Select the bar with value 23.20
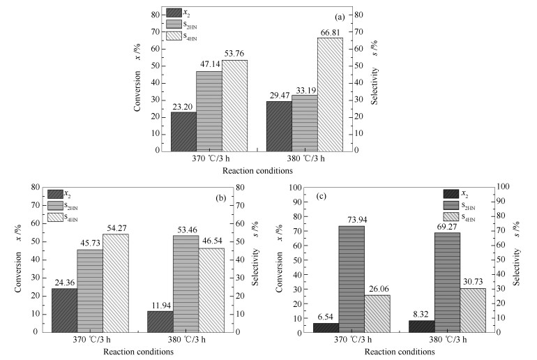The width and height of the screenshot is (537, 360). tap(183, 131)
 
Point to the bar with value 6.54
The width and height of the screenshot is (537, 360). tap(326, 327)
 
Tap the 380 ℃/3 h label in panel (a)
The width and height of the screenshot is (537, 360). tap(305, 158)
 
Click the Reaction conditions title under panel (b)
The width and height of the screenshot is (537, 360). tap(138, 352)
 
